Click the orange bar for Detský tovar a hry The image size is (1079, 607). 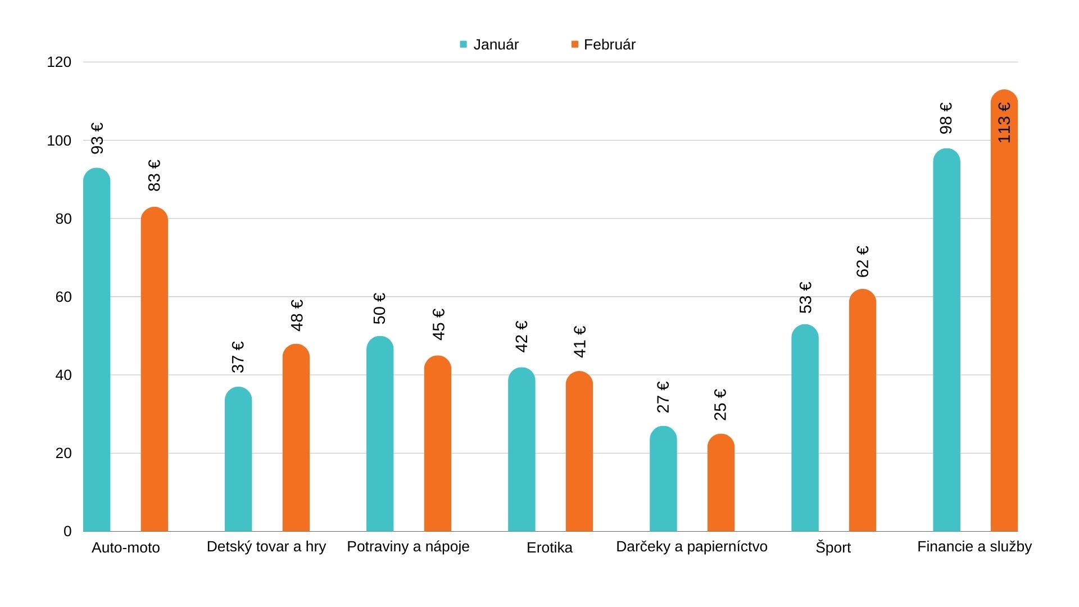coord(296,438)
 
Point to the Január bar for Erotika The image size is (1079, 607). coord(522,450)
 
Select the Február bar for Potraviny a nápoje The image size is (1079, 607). coord(437,443)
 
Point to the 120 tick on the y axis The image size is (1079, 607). coord(60,62)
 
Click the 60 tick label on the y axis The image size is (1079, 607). coord(64,297)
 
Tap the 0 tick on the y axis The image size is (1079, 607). coord(67,531)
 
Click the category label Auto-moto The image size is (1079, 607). coord(126,547)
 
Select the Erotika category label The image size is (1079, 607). coord(549,547)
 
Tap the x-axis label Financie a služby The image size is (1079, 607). coord(974,546)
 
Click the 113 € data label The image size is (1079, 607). coord(1004,123)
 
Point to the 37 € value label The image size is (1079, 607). coord(238,357)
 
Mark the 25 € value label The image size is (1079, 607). coord(720,405)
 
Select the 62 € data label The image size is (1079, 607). coord(863,261)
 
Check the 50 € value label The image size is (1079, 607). coord(380,308)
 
